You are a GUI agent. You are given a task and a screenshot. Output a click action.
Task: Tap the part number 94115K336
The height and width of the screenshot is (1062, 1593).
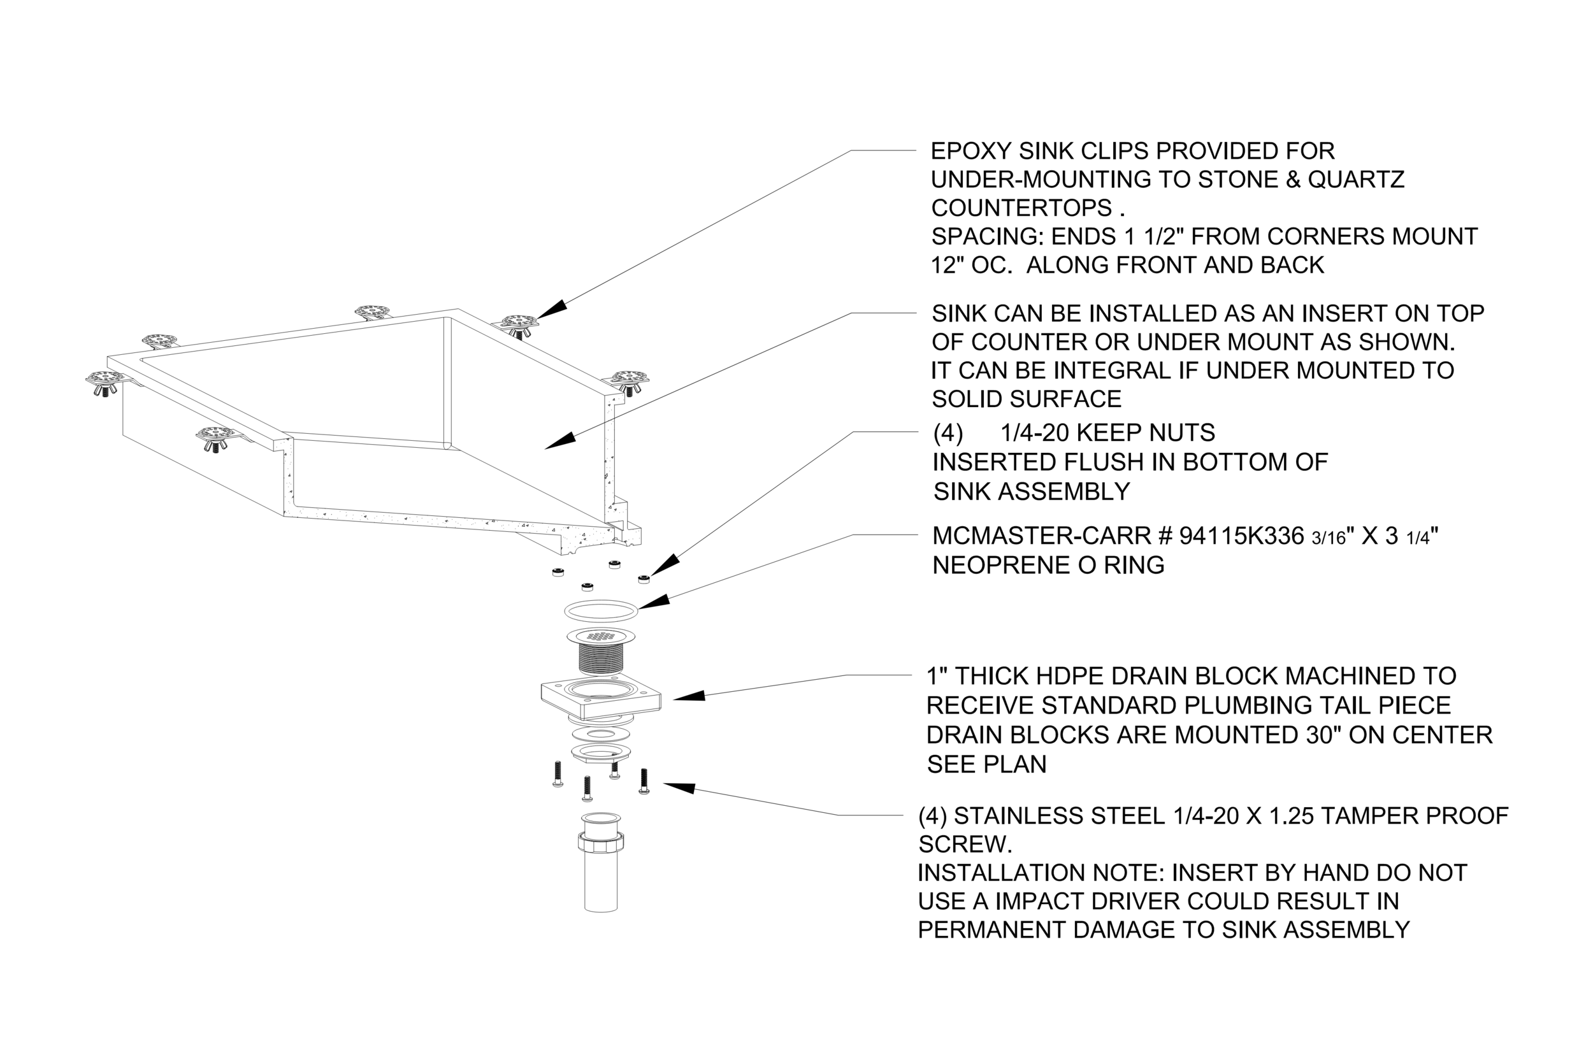1241,536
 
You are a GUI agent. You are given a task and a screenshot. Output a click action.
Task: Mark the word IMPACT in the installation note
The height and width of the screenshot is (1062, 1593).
1039,901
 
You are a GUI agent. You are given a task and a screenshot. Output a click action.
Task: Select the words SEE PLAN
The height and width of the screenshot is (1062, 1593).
986,764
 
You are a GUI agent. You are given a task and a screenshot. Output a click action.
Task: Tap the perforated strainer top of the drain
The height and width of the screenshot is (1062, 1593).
601,636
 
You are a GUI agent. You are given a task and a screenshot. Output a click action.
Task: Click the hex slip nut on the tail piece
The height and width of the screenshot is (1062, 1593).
601,842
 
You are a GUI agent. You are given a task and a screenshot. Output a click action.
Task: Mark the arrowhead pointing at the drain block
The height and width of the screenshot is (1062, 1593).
689,696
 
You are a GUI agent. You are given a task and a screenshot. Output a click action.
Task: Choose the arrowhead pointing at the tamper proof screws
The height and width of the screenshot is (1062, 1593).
679,787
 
